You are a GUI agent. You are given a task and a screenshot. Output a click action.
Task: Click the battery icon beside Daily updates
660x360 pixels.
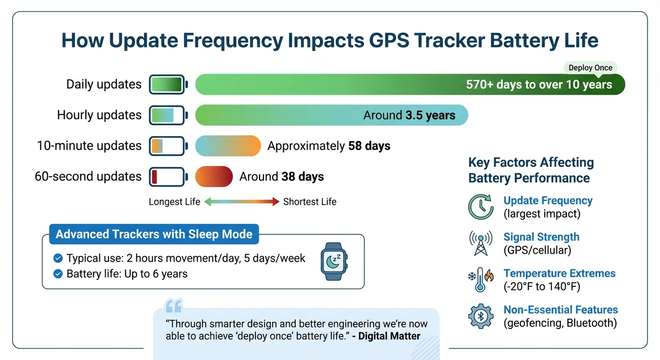tap(168, 84)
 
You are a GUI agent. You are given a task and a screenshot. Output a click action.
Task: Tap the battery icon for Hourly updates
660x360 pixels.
tap(168, 115)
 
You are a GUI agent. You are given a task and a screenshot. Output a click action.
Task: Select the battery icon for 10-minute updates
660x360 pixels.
tap(168, 146)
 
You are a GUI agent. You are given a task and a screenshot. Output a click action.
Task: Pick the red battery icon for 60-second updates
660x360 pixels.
tap(168, 177)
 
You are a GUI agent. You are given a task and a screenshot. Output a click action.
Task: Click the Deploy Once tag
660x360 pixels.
tap(590, 67)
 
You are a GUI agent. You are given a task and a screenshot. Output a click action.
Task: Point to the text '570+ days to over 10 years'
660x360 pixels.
tap(539, 85)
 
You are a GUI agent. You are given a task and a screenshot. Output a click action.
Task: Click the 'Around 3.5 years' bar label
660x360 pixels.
tap(409, 115)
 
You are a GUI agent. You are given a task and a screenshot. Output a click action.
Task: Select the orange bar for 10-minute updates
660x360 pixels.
tap(228, 146)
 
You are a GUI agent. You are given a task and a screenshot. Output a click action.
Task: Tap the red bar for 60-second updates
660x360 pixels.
tap(214, 177)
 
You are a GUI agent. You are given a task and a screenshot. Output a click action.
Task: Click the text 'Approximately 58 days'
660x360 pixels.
tap(329, 146)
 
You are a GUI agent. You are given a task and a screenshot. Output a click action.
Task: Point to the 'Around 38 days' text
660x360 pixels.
tap(281, 177)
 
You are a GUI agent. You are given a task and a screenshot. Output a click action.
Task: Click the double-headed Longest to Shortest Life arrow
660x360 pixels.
tap(241, 202)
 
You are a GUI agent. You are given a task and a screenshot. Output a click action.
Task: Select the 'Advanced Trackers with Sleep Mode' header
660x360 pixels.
tap(154, 234)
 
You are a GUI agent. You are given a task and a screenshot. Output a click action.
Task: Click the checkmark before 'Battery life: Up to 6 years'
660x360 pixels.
tap(58, 274)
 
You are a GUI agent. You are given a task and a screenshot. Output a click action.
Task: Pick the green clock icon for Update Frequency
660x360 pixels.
tap(480, 207)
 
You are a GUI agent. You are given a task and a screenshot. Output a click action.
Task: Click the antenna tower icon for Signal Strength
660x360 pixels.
tap(480, 243)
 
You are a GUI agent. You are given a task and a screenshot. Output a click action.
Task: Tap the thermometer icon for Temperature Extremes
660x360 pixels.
tap(480, 280)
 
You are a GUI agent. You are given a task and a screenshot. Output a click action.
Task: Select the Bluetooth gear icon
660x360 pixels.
tap(480, 316)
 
